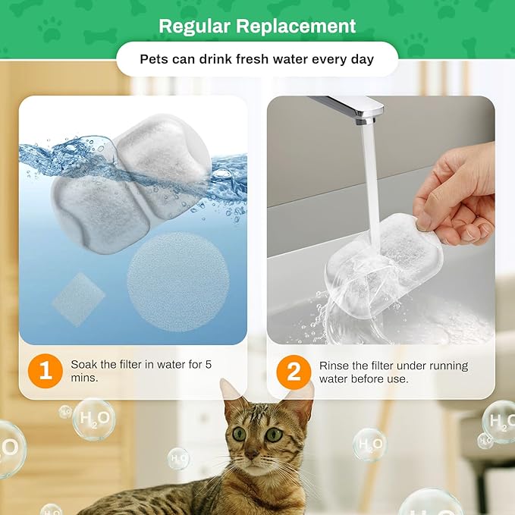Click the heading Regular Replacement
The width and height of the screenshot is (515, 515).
click(257, 26)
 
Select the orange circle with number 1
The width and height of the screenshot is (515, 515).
click(46, 371)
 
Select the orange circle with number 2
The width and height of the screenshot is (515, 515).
click(294, 372)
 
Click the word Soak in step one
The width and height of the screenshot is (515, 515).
click(84, 364)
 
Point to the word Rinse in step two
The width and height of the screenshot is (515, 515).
click(334, 365)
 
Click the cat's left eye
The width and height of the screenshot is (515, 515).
click(240, 434)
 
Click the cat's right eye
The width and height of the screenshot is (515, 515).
click(274, 435)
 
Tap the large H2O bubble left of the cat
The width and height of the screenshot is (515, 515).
click(94, 419)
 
